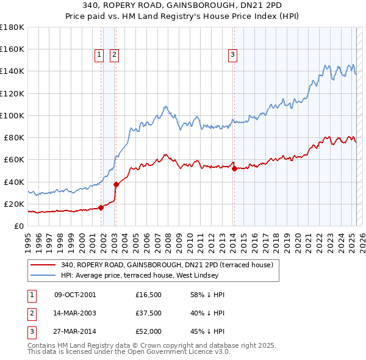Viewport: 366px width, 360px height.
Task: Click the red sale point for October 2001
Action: pos(101,207)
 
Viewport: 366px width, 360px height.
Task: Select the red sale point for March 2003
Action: pos(116,184)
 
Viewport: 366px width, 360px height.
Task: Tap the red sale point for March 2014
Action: pos(234,168)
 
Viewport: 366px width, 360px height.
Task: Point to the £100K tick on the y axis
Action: pos(12,115)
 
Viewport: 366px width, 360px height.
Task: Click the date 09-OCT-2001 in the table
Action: pos(75,295)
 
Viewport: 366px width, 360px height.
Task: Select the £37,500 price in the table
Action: pos(149,313)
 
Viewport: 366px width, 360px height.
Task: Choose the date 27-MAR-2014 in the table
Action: pos(75,331)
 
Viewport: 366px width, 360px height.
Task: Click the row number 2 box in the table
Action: pos(31,313)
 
